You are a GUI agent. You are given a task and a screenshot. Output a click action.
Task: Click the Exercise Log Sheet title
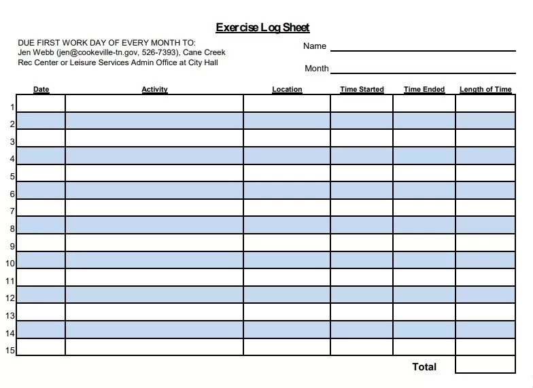(262, 28)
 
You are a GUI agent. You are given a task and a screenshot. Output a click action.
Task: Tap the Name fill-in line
(423, 50)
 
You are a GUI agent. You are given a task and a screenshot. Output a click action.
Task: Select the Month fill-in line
(423, 71)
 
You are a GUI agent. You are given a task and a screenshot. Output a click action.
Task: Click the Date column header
(41, 90)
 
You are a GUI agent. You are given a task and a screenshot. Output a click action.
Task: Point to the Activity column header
(154, 90)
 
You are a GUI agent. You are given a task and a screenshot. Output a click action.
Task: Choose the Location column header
(287, 90)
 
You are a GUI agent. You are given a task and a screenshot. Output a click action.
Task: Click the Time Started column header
(362, 90)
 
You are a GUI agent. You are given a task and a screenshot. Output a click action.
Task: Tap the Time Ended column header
(424, 90)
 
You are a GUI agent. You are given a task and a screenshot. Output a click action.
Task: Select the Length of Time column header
(485, 90)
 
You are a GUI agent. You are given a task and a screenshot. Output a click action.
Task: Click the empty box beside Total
(485, 365)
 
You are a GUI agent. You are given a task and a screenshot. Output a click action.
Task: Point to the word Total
(424, 367)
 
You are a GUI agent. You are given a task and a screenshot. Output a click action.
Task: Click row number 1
(12, 107)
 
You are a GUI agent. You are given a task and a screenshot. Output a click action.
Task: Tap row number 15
(10, 351)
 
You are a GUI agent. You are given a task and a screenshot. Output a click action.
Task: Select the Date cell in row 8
(41, 225)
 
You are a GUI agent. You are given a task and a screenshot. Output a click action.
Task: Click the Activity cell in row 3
(154, 138)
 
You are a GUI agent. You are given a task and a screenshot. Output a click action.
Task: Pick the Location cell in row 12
(287, 295)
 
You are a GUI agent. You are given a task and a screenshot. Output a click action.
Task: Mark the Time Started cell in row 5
(362, 173)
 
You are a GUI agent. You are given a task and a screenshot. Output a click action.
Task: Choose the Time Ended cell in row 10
(424, 260)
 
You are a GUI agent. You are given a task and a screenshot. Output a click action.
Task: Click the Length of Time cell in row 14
(485, 330)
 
